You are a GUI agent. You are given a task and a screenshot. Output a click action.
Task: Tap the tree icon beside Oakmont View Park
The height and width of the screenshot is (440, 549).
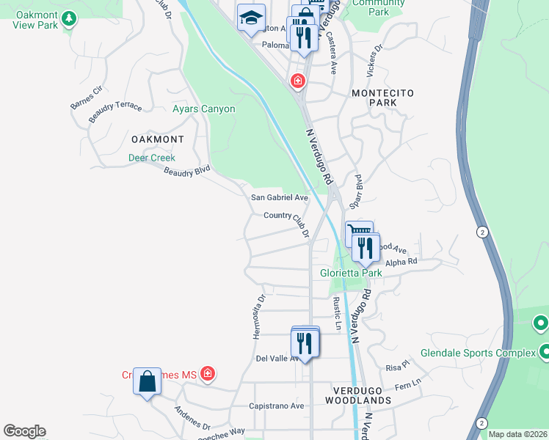(69, 18)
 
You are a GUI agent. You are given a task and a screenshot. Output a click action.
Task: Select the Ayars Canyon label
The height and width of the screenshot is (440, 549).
(203, 109)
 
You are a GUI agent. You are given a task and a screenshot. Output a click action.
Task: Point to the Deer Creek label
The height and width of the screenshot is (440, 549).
(152, 158)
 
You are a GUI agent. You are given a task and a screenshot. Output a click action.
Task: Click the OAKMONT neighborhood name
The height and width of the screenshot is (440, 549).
(157, 139)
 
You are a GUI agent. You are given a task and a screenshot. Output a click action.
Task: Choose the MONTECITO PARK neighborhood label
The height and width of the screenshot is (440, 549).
(382, 98)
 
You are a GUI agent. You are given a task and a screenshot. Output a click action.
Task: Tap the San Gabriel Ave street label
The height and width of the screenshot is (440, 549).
(279, 198)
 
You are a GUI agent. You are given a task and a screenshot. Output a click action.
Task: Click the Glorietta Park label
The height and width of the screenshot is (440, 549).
(351, 273)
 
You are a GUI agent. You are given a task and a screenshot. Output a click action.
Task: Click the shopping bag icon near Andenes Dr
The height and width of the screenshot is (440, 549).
(147, 381)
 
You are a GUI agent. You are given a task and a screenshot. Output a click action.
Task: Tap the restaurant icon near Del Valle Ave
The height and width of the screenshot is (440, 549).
(305, 342)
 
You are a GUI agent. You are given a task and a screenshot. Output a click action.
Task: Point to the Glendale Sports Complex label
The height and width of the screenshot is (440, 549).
(479, 353)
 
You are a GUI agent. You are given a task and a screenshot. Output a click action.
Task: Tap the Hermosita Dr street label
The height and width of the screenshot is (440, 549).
(258, 317)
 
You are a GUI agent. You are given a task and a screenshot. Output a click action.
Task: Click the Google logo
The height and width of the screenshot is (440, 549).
(24, 431)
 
